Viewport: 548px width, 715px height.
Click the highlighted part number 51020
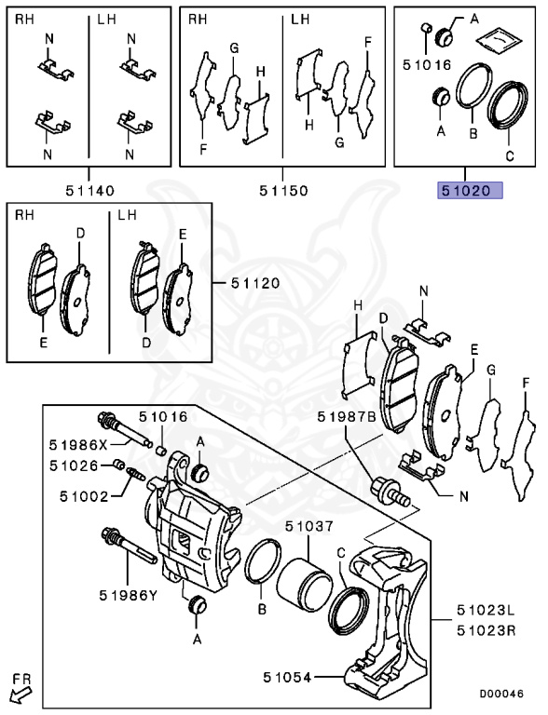(x=471, y=191)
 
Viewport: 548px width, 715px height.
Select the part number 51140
(x=89, y=191)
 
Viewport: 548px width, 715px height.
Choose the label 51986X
(x=77, y=444)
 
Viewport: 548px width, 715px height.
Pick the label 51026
(x=74, y=465)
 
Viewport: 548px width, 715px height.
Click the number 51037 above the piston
(x=308, y=526)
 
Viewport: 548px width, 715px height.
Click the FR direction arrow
(x=19, y=693)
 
